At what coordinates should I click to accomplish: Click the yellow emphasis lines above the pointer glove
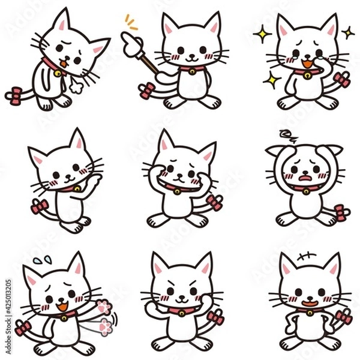(131, 23)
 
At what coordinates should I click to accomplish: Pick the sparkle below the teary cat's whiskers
(271, 79)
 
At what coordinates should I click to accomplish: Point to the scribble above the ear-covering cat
(287, 135)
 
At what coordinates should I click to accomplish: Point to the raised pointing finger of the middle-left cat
(97, 178)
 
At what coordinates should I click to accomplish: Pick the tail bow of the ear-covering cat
(341, 212)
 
